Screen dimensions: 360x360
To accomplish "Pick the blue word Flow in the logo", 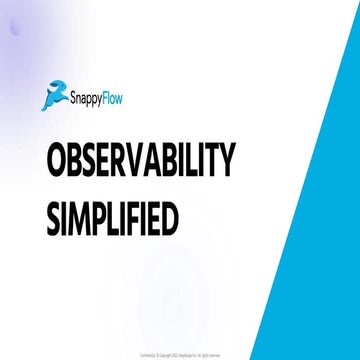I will [x=125, y=97].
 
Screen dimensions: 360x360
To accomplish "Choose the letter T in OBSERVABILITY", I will [x=210, y=160].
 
